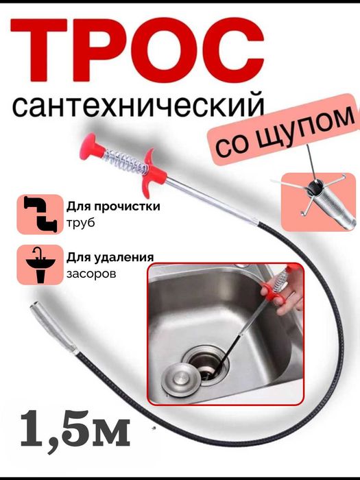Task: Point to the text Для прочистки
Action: click(112, 206)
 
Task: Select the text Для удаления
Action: click(110, 257)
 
